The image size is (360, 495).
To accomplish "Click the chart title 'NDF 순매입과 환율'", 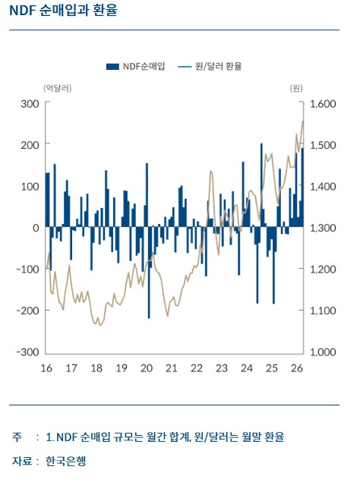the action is tap(64, 10).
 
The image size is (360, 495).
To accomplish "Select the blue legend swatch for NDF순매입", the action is tap(112, 67).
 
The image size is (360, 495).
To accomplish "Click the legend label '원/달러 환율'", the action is tap(219, 66).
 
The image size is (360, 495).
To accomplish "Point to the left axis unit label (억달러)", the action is tap(58, 88).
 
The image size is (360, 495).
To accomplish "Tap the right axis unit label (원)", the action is tap(296, 88).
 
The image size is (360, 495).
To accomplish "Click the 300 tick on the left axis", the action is tap(30, 104).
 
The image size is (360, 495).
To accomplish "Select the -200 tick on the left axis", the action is tap(27, 311).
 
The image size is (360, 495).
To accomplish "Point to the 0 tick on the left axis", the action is tap(36, 228).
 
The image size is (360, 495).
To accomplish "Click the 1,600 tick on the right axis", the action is tap(323, 104).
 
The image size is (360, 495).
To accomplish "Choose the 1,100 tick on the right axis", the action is tap(323, 311).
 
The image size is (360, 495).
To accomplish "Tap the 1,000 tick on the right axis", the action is tap(323, 352).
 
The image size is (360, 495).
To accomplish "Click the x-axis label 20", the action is tap(147, 368).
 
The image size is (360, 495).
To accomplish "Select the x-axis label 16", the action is tap(46, 368).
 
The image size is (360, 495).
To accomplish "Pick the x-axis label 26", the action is tap(297, 368).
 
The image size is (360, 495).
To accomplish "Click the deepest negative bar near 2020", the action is tap(149, 273).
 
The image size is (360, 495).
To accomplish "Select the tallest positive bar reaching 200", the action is tap(261, 185).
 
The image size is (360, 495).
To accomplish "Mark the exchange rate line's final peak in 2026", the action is tap(303, 121).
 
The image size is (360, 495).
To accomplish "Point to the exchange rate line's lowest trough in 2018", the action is tap(100, 325).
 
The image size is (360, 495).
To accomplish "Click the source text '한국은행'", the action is tap(65, 462).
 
